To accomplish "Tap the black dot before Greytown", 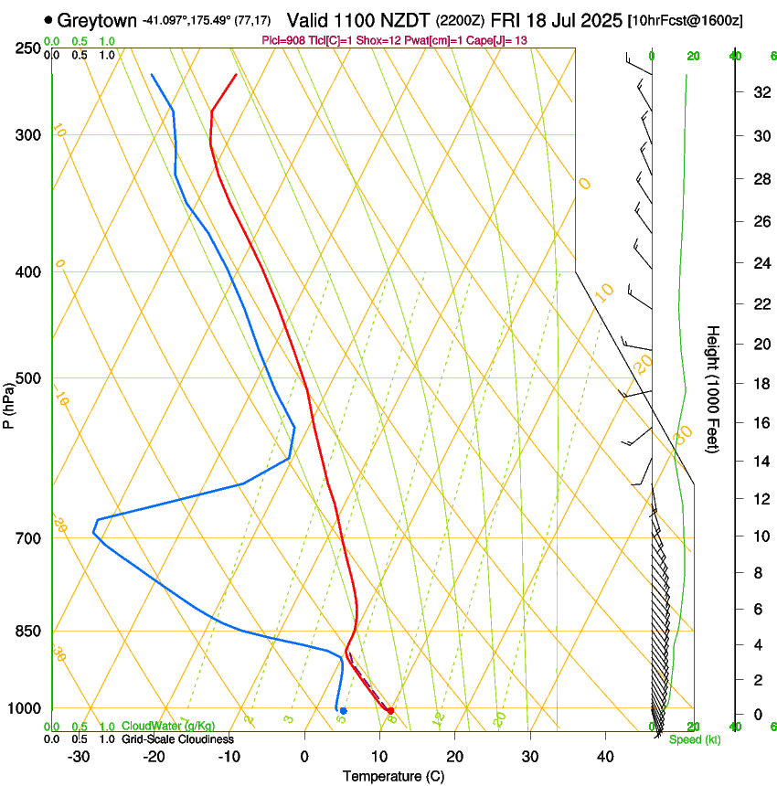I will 48,19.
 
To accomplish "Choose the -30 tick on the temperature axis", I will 79,757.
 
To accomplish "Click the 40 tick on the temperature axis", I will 604,757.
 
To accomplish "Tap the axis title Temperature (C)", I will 393,776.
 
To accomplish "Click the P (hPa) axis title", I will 9,402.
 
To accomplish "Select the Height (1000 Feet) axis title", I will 714,388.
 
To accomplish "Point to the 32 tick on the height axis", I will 760,92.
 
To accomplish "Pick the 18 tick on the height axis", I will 760,384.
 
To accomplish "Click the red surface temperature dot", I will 390,710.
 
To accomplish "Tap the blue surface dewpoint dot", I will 343,710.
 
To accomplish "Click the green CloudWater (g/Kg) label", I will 168,726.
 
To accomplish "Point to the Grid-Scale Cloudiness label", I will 177,738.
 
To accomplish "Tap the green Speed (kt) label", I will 694,739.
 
